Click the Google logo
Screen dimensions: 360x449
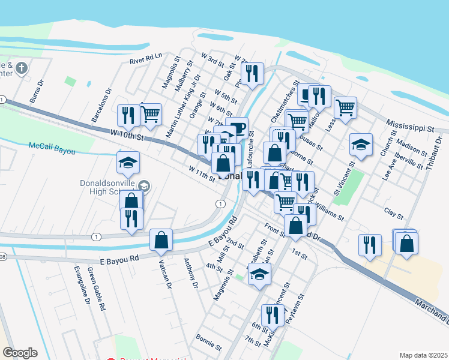click(20, 353)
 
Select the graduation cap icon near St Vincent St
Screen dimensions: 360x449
click(361, 144)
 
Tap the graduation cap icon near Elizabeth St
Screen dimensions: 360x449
click(259, 274)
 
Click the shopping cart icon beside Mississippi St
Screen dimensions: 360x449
click(345, 108)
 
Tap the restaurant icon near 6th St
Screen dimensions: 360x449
click(273, 314)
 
